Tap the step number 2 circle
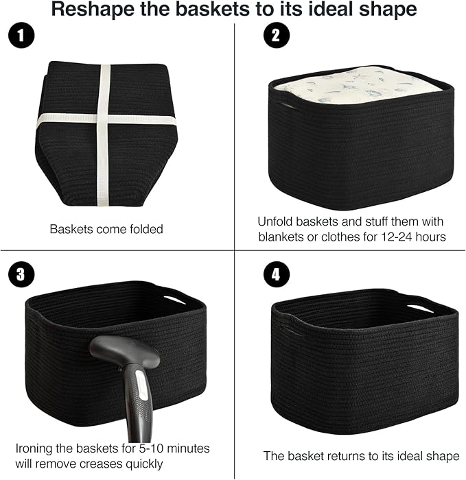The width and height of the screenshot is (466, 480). [x=276, y=38]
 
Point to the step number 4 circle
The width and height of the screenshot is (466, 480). [x=276, y=275]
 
